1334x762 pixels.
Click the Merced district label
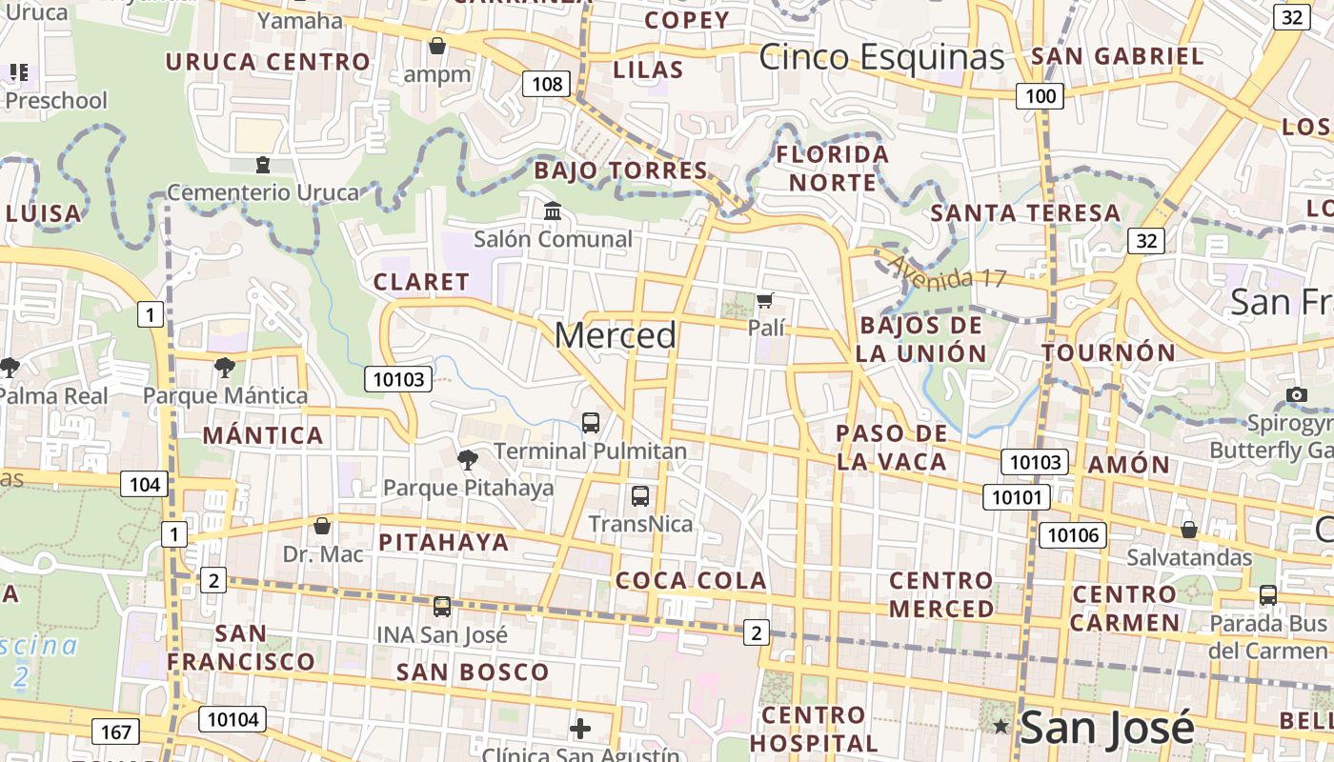[616, 335]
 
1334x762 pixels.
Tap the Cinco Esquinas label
[881, 57]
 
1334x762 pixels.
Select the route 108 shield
[547, 84]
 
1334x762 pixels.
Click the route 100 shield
[1041, 95]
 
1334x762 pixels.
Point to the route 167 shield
[115, 732]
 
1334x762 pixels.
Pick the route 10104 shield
[232, 719]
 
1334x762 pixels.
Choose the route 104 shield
[144, 484]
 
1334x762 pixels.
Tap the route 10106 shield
[1073, 534]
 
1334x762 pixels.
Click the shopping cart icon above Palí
[764, 301]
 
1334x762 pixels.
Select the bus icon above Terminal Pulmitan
[591, 422]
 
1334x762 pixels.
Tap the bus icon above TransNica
[640, 495]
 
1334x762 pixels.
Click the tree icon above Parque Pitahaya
[467, 460]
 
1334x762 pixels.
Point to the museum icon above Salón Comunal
[553, 211]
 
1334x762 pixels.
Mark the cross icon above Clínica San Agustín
[579, 730]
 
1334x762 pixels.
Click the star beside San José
[1000, 728]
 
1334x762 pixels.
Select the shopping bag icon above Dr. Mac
[322, 525]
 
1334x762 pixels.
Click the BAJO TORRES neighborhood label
[621, 171]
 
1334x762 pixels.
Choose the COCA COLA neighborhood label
[691, 580]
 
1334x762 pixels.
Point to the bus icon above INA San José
[441, 606]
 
